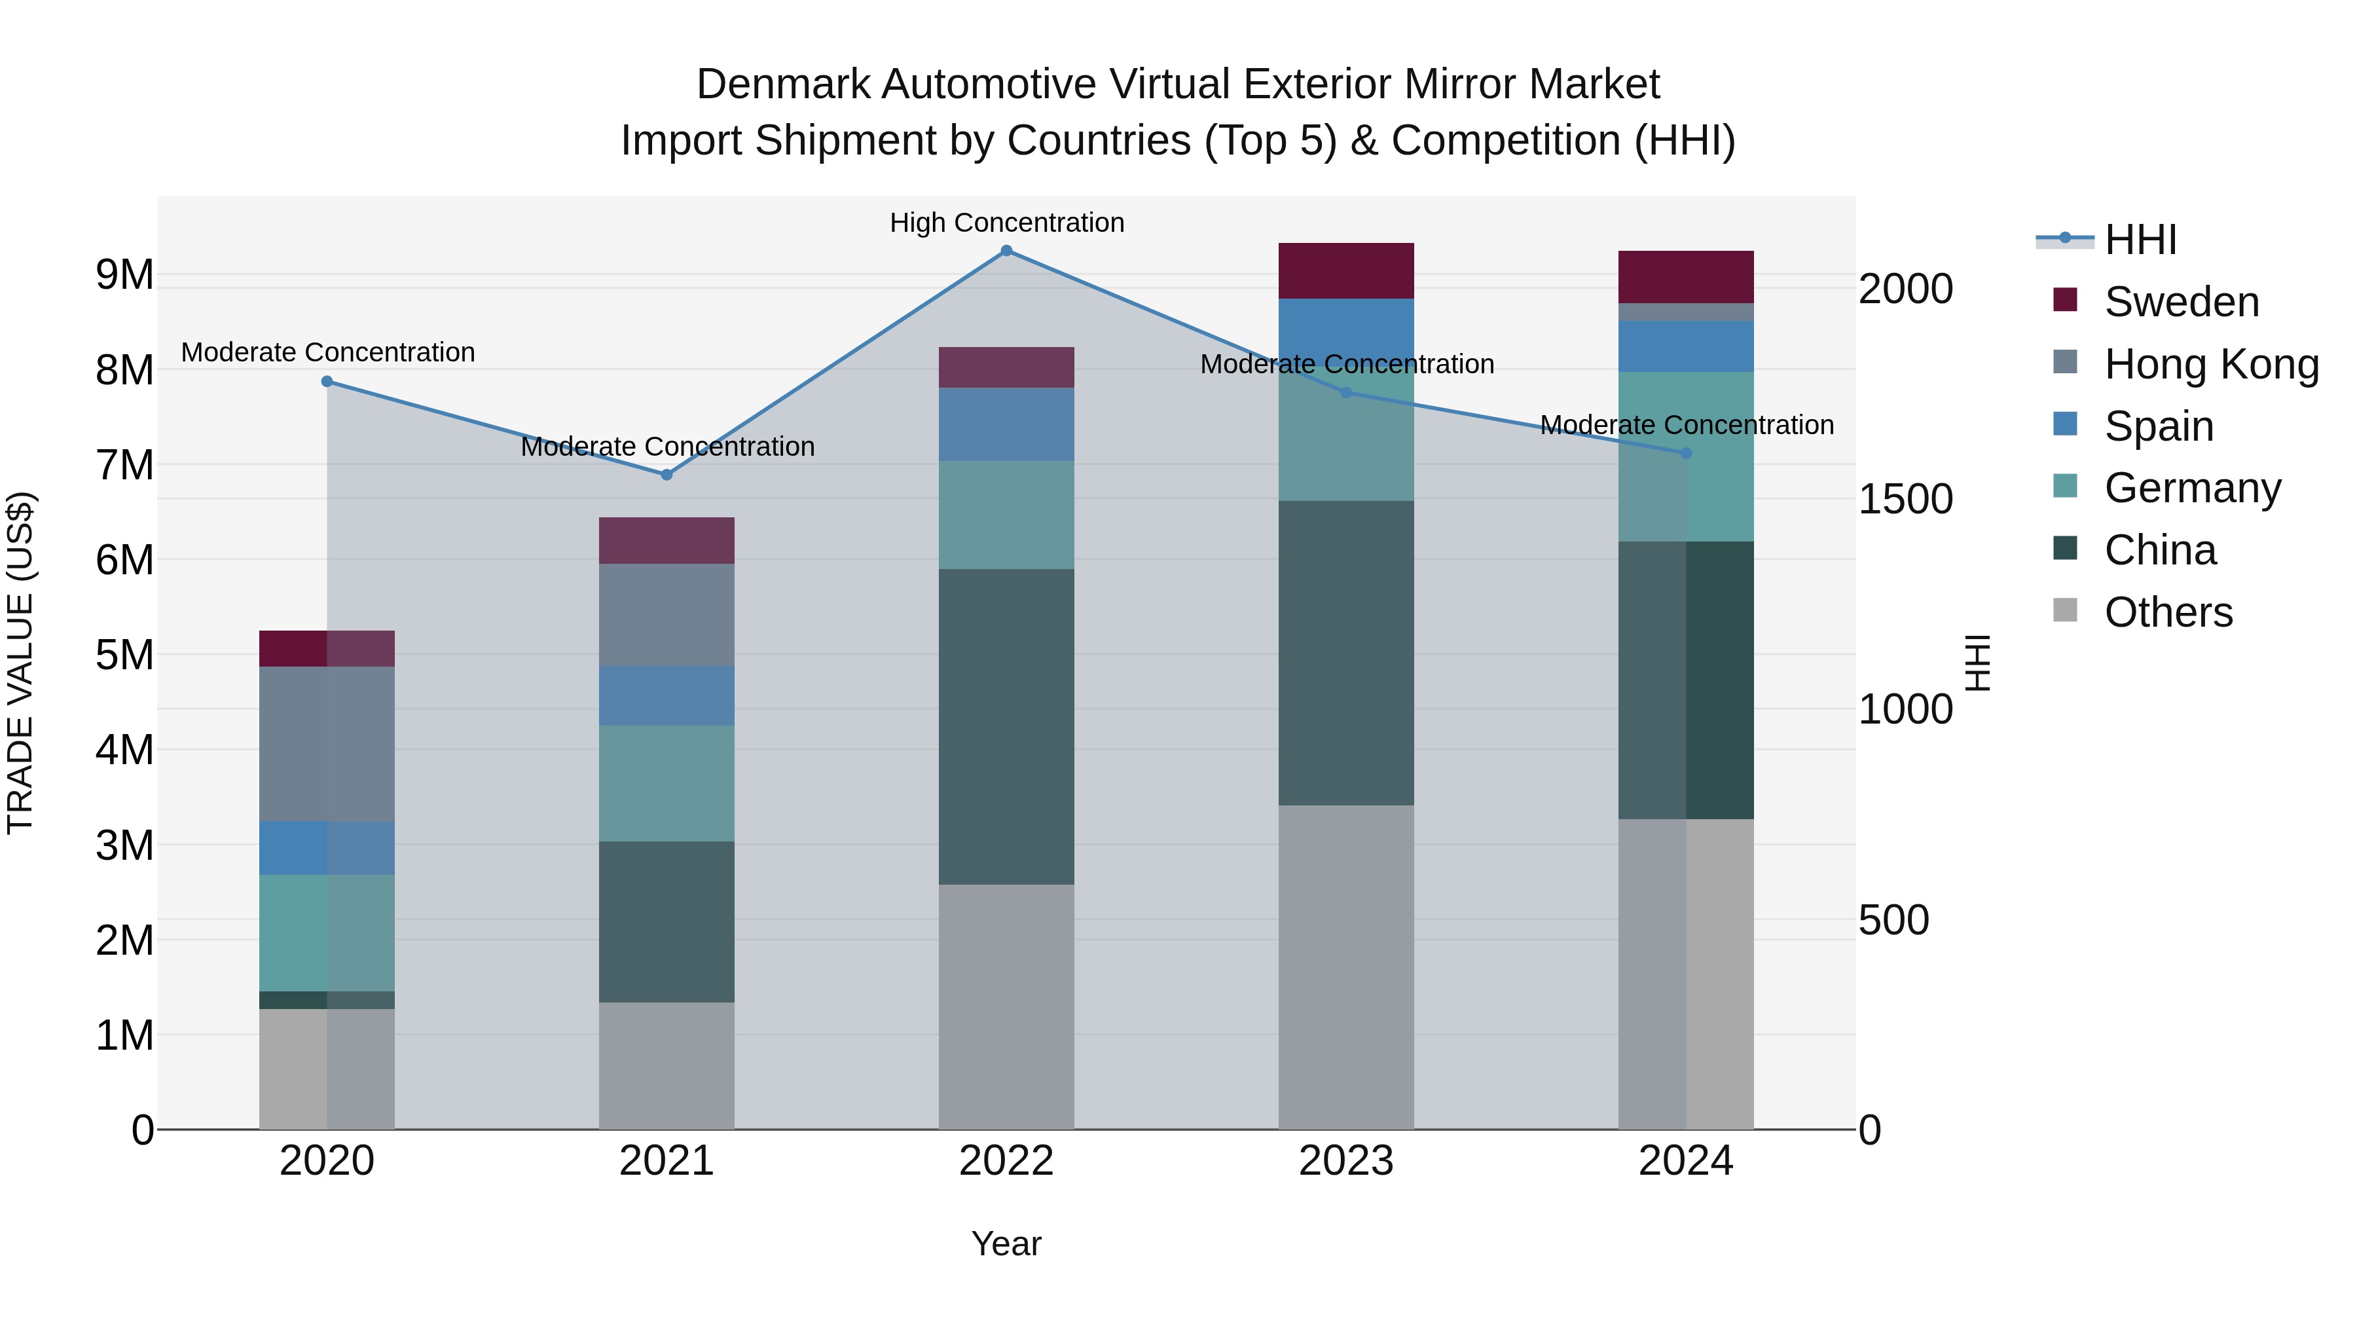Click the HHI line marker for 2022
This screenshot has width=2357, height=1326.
(x=1006, y=251)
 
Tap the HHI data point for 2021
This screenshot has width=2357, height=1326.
(x=667, y=475)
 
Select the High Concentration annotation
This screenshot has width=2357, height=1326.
(x=1006, y=223)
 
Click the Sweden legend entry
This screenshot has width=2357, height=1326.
(x=2182, y=302)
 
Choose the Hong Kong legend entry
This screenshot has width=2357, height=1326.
(x=2210, y=364)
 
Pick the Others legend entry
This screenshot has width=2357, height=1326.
(x=2168, y=612)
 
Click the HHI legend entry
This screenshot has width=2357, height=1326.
(x=2140, y=240)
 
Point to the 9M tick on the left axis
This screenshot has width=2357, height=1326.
(x=124, y=274)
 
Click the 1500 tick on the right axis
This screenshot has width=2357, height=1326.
(x=1905, y=499)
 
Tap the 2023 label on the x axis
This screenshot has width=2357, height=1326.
(x=1346, y=1161)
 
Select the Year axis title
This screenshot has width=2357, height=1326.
(x=1006, y=1243)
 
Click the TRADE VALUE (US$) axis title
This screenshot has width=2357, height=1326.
(x=20, y=663)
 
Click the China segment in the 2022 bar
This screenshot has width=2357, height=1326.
(x=1006, y=727)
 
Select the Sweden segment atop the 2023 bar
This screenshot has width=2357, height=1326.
(x=1346, y=271)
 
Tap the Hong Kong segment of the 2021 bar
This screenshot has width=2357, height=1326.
(x=667, y=615)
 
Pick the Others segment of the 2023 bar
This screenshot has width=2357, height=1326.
(x=1346, y=967)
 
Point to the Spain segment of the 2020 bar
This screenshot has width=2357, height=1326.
(x=327, y=848)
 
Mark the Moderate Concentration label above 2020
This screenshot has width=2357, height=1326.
(x=327, y=352)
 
